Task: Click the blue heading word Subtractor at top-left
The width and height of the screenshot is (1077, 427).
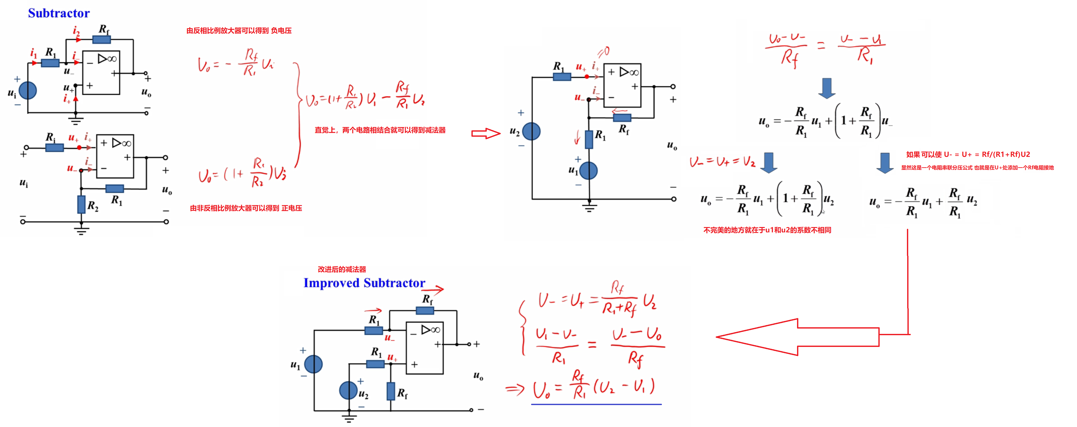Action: click(x=59, y=13)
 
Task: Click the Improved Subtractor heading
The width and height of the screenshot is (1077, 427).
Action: click(x=364, y=283)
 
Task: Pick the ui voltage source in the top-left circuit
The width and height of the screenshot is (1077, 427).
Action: click(x=28, y=90)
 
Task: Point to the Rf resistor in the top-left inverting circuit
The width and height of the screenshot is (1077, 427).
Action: click(x=101, y=40)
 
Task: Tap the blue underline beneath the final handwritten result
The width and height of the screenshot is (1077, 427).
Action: click(x=596, y=404)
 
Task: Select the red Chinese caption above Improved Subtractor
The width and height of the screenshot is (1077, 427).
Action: click(x=342, y=269)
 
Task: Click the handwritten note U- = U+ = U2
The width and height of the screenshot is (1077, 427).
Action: click(x=722, y=162)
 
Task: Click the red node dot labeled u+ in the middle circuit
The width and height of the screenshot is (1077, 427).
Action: click(x=587, y=77)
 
